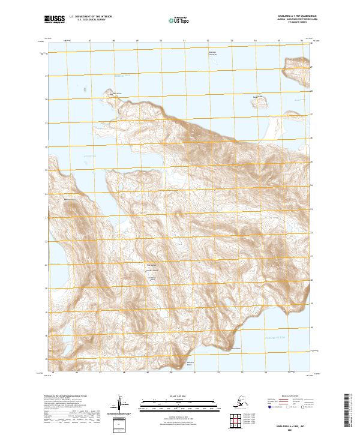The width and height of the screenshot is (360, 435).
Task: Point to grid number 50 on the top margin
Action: pyautogui.click(x=161, y=41)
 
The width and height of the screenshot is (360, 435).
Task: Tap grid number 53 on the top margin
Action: pyautogui.click(x=232, y=41)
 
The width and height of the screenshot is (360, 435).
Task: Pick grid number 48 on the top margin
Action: pyautogui.click(x=113, y=41)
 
